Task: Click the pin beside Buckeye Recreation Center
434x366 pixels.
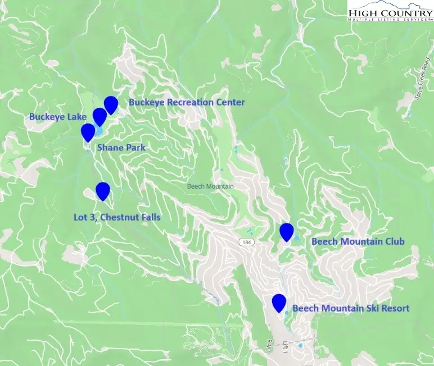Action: (x=111, y=104)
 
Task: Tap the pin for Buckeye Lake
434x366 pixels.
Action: (x=100, y=116)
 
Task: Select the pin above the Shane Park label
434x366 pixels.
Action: (x=88, y=132)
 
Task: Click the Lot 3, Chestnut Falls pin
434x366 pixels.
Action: (x=102, y=191)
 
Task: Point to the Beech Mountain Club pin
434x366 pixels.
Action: (x=287, y=231)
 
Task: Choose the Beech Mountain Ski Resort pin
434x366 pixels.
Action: (x=279, y=303)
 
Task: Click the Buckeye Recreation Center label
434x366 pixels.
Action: (x=187, y=102)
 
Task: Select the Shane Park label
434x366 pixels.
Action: (x=121, y=148)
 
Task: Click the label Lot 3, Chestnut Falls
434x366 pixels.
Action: (x=117, y=217)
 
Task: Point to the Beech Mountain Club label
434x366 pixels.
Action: (x=358, y=242)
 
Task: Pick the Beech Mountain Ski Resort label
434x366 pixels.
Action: (x=351, y=308)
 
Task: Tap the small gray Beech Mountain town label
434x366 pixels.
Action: (x=210, y=186)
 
